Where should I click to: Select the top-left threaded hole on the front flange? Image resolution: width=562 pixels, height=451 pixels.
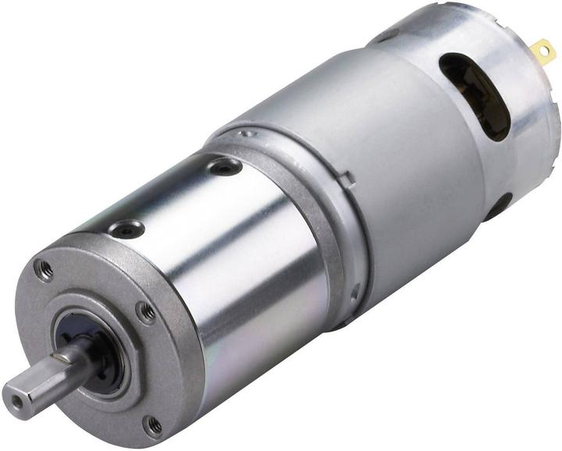[44, 271]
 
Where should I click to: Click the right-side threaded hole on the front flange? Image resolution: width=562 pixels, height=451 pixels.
[145, 312]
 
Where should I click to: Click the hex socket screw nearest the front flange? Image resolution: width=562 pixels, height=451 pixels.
[126, 229]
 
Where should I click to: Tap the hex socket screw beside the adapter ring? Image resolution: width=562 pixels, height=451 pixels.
[225, 165]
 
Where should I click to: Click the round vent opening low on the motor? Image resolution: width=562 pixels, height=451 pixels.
[497, 207]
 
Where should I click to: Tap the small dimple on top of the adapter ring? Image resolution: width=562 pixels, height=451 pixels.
[248, 133]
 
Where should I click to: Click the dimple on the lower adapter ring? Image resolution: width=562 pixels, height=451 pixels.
[356, 292]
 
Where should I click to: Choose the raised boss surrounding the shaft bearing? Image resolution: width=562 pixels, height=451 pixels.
[86, 351]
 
